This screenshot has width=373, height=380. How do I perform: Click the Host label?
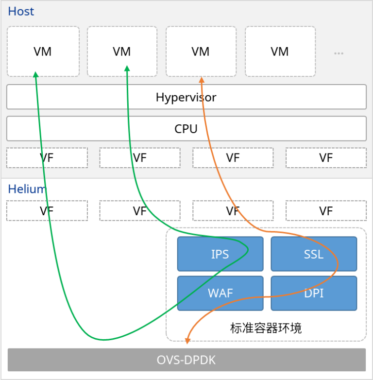tap(21, 11)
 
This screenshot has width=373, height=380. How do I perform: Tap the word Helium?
tap(27, 189)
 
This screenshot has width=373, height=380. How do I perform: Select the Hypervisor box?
tap(186, 97)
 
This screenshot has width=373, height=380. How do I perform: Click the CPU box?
tap(186, 129)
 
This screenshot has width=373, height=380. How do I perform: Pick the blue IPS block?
tap(220, 254)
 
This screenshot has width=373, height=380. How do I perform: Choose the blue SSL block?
tap(314, 254)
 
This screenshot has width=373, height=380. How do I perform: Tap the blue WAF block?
tap(220, 293)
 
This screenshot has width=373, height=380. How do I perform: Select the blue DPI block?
tap(314, 293)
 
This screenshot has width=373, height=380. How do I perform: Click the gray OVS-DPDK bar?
tap(186, 360)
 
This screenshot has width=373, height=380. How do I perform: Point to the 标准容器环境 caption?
tap(266, 328)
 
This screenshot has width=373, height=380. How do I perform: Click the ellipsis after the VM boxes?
tap(339, 52)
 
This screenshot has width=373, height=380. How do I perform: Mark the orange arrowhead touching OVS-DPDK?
tap(187, 341)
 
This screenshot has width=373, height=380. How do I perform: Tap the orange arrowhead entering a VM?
tap(201, 79)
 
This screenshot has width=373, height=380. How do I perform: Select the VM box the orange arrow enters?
tap(201, 52)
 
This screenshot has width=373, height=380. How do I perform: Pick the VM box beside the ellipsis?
tap(280, 52)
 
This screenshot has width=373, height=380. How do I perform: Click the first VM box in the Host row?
tap(43, 52)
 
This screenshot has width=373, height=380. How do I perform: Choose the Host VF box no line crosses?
tap(326, 158)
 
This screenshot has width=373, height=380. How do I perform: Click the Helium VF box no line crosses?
tap(326, 211)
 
